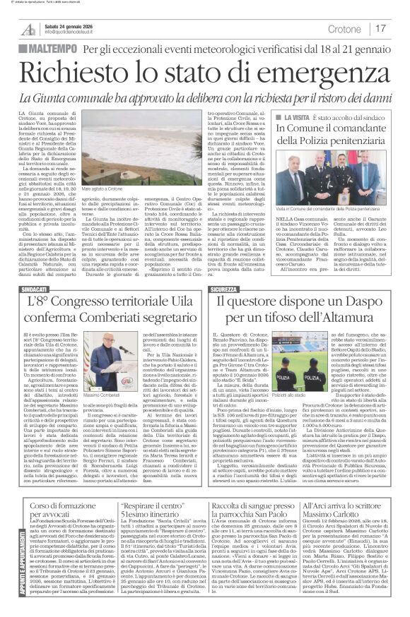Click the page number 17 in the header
(380, 28)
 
